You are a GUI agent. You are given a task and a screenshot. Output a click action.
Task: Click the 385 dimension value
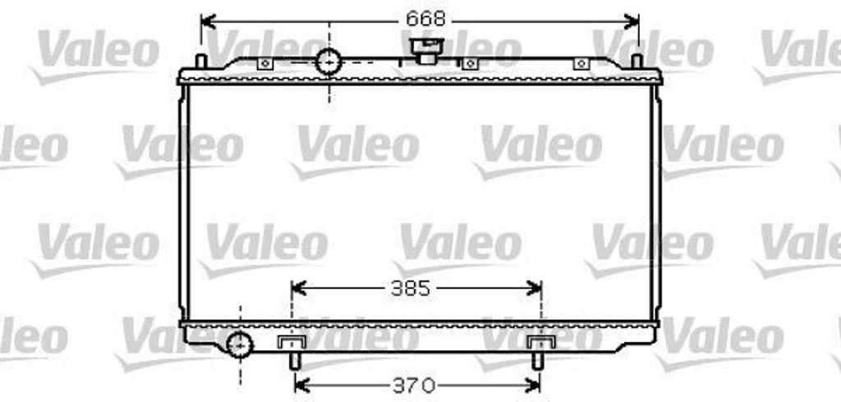pos(410,289)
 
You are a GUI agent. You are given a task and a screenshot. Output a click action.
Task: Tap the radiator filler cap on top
pos(425,50)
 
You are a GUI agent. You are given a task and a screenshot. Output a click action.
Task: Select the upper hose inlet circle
pos(329,61)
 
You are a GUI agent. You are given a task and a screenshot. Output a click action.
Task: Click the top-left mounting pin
pos(200,62)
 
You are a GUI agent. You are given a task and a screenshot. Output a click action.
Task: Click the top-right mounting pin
pos(636,61)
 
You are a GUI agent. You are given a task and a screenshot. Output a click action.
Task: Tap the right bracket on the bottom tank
pos(540,342)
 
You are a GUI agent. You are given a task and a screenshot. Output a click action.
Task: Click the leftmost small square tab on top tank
pos(264,64)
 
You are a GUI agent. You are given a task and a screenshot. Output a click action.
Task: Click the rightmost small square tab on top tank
pos(581,64)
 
